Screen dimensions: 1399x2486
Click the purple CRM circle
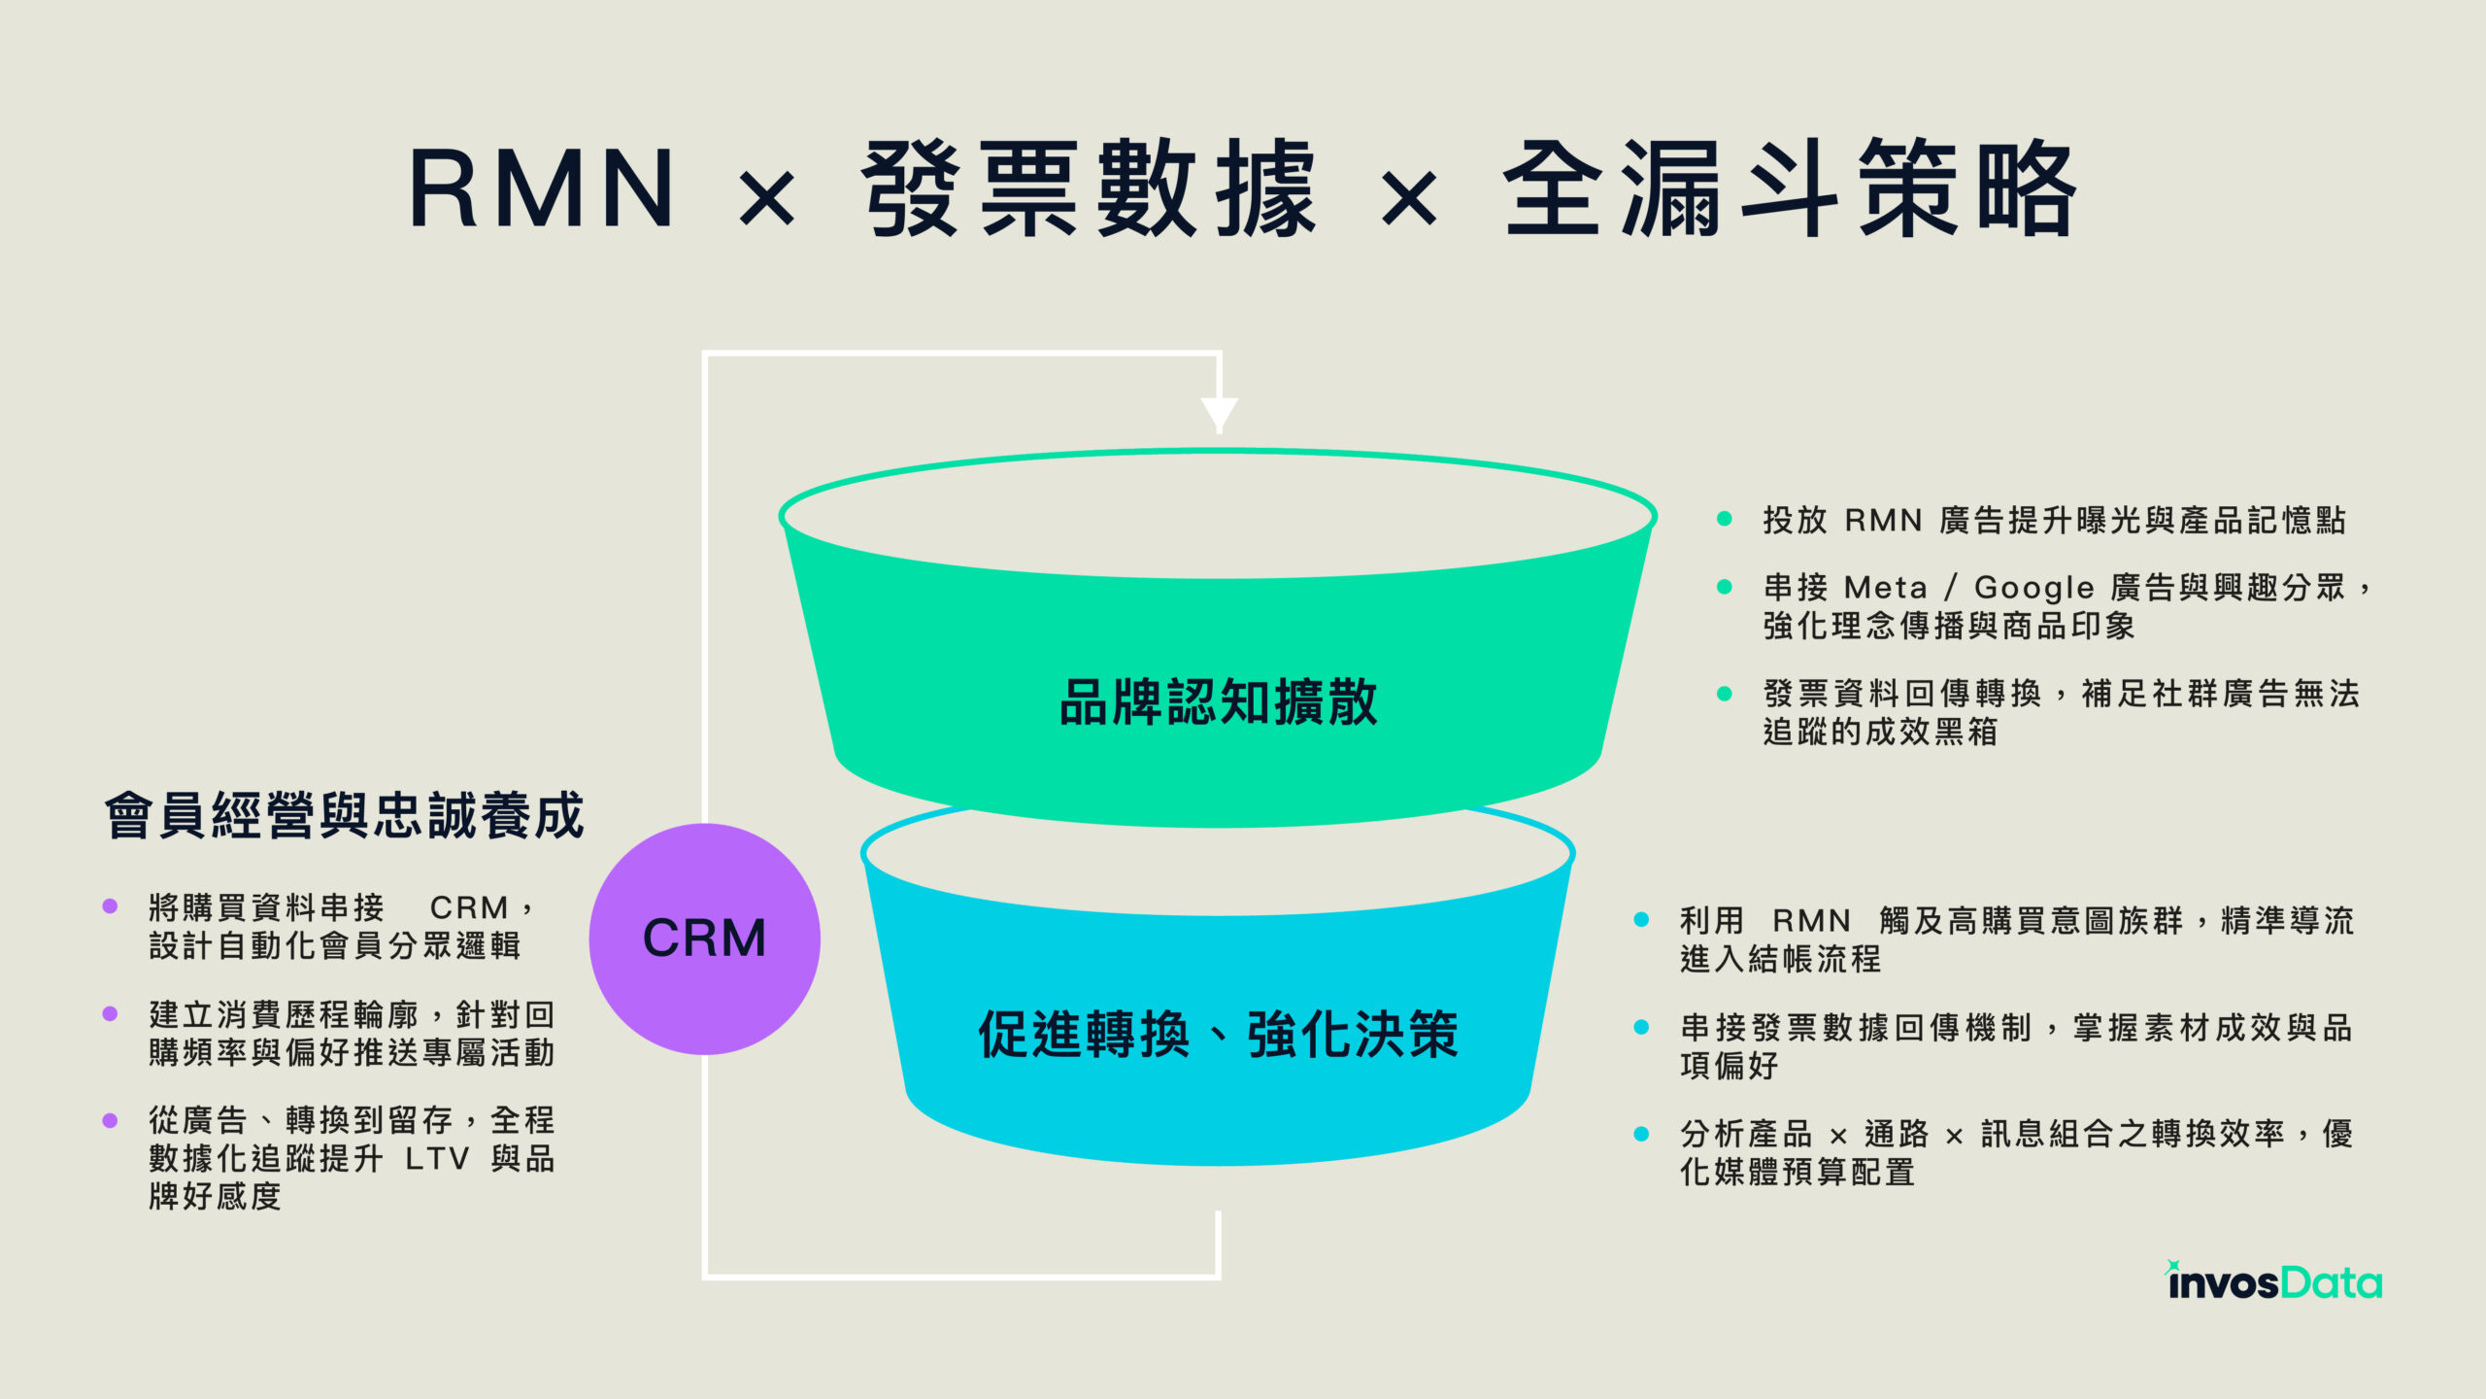coord(705,938)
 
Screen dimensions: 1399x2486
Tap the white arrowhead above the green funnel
coord(1219,414)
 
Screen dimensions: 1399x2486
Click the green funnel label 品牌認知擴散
coord(1218,701)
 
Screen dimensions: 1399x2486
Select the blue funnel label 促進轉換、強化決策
coord(1218,1034)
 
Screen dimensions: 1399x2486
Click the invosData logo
coord(2274,1282)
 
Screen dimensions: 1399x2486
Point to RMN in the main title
coord(542,188)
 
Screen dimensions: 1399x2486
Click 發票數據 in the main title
coord(1088,188)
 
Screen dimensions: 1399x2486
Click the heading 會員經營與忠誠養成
coord(345,815)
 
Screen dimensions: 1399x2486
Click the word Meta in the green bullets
coord(1885,588)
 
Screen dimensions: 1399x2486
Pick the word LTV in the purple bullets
coord(437,1159)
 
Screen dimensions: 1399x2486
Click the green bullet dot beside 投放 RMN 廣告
coord(1725,520)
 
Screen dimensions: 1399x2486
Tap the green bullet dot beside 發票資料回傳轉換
coord(1725,694)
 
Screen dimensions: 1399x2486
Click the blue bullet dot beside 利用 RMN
coord(1641,920)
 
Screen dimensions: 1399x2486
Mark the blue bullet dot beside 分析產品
coord(1641,1134)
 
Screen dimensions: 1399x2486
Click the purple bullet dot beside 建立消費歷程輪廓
coord(110,1014)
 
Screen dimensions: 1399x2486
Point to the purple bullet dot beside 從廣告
coord(110,1120)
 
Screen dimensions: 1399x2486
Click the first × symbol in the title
coord(767,197)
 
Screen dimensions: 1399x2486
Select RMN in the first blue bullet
coord(1811,920)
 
